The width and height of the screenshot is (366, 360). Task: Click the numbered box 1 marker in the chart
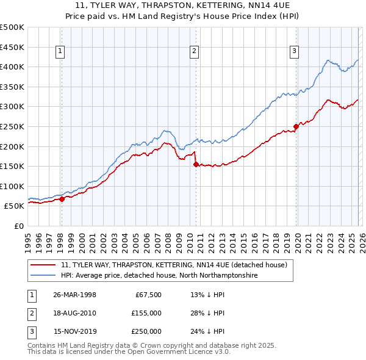(61, 52)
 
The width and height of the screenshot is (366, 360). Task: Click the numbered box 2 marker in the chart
(194, 52)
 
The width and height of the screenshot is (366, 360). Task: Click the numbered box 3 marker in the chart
(294, 52)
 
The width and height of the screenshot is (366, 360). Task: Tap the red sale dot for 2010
(196, 164)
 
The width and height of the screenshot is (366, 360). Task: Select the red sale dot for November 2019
(296, 126)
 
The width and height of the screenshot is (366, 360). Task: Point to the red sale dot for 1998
(62, 199)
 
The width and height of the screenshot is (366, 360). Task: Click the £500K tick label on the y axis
(12, 27)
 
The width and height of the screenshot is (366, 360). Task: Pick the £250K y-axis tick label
(12, 126)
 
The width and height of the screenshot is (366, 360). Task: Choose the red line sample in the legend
(44, 265)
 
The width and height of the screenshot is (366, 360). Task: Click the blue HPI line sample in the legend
(44, 276)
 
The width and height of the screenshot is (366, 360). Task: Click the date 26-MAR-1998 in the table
(74, 295)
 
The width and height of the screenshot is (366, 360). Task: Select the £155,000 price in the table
(146, 313)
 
